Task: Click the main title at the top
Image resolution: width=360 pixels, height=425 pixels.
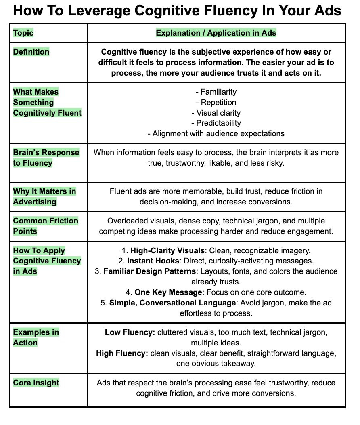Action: click(177, 11)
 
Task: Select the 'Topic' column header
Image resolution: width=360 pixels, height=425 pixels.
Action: click(23, 33)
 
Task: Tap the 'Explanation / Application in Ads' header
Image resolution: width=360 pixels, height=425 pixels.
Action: click(216, 33)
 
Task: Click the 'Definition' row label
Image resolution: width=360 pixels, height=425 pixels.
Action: click(31, 52)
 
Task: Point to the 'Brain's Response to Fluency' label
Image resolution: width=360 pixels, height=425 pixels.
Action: click(46, 158)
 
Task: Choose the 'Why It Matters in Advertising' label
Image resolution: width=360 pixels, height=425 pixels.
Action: click(44, 196)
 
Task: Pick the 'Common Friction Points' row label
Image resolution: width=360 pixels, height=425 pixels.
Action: click(46, 226)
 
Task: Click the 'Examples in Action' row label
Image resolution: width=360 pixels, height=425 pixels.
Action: click(36, 337)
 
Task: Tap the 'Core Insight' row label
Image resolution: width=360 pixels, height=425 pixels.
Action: click(36, 383)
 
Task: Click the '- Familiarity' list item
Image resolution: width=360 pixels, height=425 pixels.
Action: click(216, 92)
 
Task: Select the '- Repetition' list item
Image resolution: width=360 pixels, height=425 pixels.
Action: click(216, 103)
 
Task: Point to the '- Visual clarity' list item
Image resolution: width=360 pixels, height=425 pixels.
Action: click(216, 113)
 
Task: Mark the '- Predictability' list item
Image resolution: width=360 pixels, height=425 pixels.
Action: click(216, 123)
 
